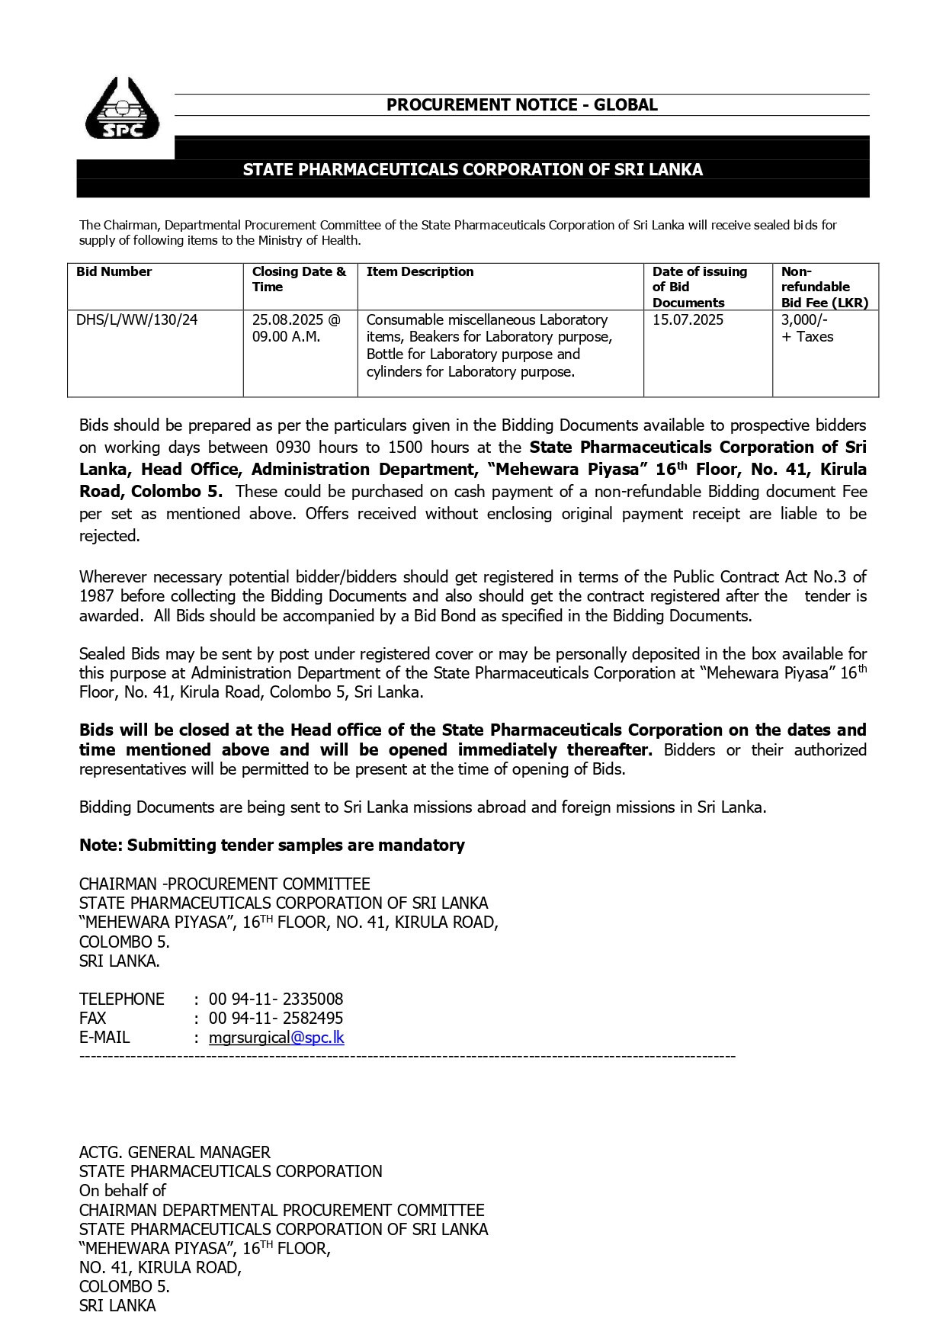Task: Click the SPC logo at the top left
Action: click(122, 109)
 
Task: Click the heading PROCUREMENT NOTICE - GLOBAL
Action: click(521, 105)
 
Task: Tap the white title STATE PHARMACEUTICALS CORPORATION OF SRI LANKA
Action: click(473, 169)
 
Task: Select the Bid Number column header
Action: click(114, 272)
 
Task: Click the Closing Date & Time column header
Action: click(299, 279)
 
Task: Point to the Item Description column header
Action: click(420, 272)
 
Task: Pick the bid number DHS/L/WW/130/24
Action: click(136, 320)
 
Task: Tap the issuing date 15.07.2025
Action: click(688, 320)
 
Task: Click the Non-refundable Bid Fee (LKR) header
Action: click(824, 287)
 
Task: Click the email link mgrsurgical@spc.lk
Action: click(277, 1038)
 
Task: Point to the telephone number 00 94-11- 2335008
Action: click(276, 999)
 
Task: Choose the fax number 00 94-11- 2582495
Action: click(276, 1019)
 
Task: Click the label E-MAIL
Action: click(104, 1038)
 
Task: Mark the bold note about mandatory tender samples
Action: click(272, 845)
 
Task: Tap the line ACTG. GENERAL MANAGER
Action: click(175, 1153)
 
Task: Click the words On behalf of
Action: click(123, 1191)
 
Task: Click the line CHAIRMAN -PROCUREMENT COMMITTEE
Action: click(225, 884)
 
